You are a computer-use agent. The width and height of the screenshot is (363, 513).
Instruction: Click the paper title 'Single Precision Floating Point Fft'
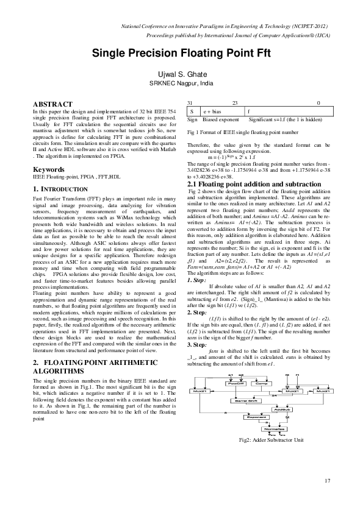pyautogui.click(x=181, y=53)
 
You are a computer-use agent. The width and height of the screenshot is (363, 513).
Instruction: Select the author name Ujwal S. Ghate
pyautogui.click(x=181, y=72)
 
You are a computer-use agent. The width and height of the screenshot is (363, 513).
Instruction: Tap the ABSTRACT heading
pyautogui.click(x=53, y=105)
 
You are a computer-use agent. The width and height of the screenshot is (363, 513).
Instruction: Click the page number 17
pyautogui.click(x=328, y=481)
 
